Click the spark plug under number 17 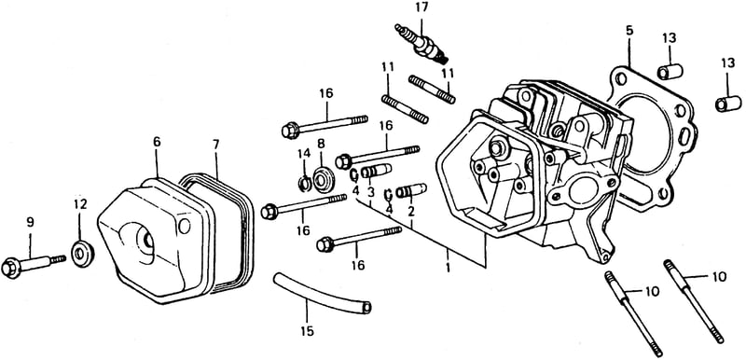[422, 43]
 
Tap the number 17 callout [421, 7]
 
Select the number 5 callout [629, 31]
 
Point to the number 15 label [308, 331]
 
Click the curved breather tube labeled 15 [322, 294]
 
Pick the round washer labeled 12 [82, 254]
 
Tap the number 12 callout [80, 204]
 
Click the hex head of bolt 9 [11, 269]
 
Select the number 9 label [30, 221]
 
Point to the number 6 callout [157, 142]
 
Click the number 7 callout [216, 145]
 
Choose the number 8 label [321, 143]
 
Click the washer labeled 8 [325, 179]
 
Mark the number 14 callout [304, 153]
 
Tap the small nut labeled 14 [305, 183]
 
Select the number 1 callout [448, 267]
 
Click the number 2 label [410, 211]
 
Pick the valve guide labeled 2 [411, 190]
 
